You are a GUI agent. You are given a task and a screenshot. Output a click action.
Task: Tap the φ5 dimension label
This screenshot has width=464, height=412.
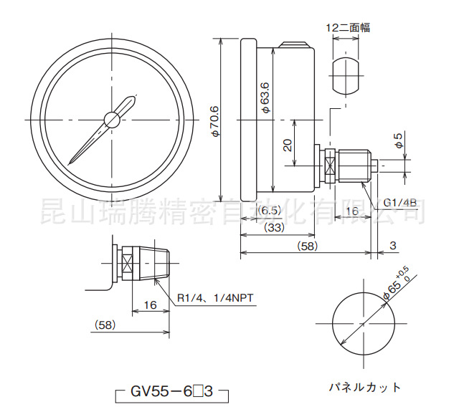(x=399, y=140)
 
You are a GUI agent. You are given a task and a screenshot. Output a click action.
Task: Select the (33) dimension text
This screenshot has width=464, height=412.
(x=273, y=228)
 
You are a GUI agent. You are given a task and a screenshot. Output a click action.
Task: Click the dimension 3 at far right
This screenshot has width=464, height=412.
(x=392, y=246)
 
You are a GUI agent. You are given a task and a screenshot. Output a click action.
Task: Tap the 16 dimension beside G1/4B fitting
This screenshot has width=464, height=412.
(x=352, y=211)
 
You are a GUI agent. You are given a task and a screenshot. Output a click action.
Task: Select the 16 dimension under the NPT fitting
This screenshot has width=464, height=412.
(x=150, y=305)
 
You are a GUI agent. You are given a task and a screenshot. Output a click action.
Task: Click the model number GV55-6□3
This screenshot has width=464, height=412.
(x=171, y=392)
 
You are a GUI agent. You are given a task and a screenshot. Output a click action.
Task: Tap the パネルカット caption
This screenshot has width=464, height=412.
(x=365, y=387)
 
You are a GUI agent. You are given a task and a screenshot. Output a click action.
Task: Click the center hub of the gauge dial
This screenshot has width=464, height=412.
(x=113, y=119)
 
